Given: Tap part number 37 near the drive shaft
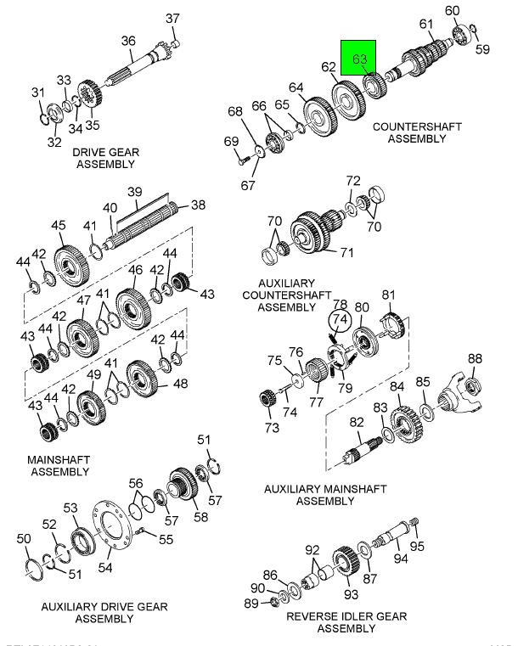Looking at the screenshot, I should click(x=172, y=19).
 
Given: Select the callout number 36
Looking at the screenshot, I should click(x=128, y=40).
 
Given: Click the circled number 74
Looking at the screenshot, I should click(x=340, y=318).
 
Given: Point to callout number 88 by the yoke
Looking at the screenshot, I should click(x=475, y=358).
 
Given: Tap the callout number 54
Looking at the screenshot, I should click(x=106, y=567).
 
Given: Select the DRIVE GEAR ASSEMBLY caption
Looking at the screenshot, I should click(x=105, y=158).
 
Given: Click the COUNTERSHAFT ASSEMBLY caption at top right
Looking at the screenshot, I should click(x=417, y=132).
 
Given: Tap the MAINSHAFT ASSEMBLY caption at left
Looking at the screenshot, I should click(x=59, y=465).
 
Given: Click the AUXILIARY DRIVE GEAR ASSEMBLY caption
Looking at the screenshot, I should click(x=104, y=613).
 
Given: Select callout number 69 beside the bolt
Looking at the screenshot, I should click(x=230, y=141).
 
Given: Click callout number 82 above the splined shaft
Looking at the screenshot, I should click(x=357, y=422).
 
